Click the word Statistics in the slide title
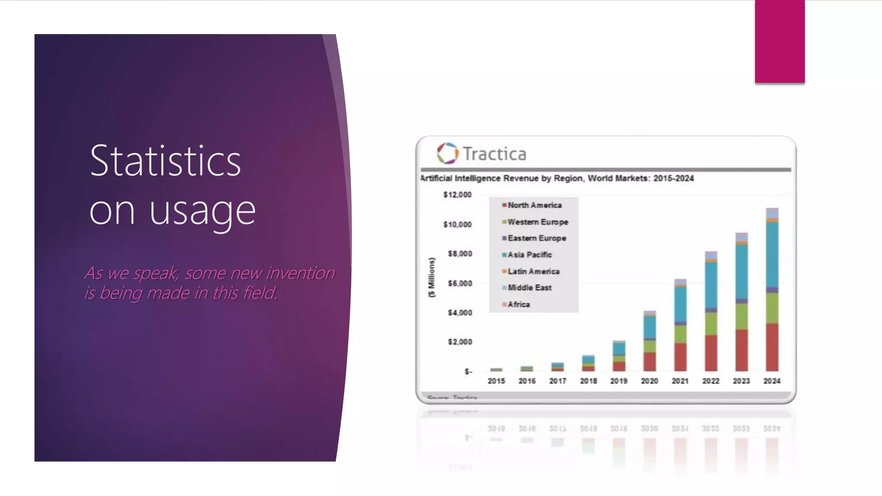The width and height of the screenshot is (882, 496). (165, 161)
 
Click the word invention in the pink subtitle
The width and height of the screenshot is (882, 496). (300, 273)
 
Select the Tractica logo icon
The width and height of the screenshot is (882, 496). (447, 153)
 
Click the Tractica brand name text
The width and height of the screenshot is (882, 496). (494, 154)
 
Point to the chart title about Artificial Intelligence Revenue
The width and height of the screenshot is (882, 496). (557, 178)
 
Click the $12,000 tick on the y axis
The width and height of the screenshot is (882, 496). (457, 195)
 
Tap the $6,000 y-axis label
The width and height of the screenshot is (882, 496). (460, 283)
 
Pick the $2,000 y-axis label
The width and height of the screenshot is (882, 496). (460, 342)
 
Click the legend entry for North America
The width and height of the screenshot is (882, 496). (534, 205)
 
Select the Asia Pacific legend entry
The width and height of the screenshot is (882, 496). (529, 255)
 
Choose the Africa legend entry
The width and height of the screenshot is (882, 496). (519, 304)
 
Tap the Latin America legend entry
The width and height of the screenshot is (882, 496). (533, 271)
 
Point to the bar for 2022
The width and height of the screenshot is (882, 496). (711, 314)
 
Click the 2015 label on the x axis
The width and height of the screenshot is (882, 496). (496, 381)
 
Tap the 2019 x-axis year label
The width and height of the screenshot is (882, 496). (618, 381)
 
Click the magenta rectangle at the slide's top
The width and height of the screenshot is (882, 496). (780, 41)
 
